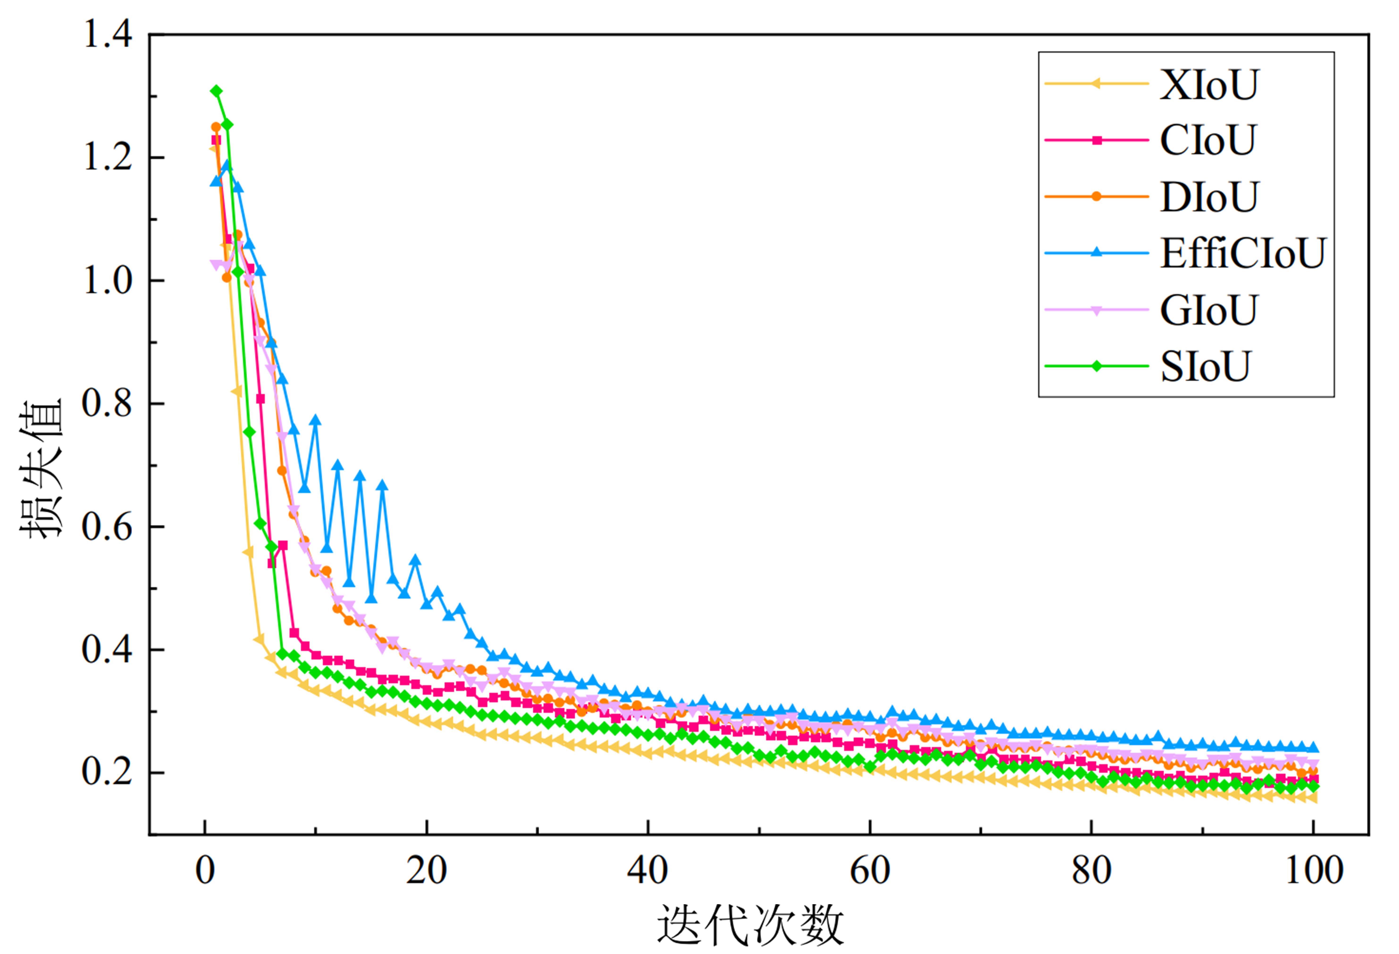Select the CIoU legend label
(x=1208, y=141)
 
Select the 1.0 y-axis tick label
(x=107, y=281)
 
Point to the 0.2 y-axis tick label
(x=107, y=772)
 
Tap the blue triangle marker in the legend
(x=1097, y=252)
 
